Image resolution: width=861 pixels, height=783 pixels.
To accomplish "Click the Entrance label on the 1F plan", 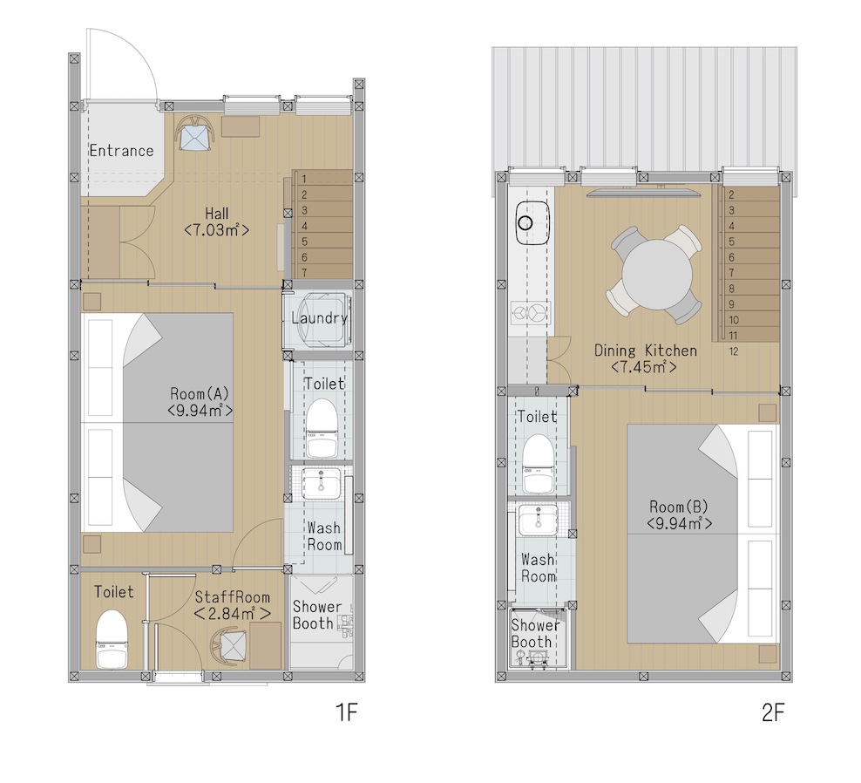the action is pos(121,151).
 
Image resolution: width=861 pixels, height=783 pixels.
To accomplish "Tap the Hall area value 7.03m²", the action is pos(216,229).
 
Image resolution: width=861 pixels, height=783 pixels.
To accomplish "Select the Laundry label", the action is pos(319,318).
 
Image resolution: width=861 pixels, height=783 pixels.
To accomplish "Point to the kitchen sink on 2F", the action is pos(532,222).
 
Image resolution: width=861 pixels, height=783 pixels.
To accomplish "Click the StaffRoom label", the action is pos(233,597).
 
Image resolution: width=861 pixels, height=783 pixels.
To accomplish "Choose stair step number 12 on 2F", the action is pos(734,351).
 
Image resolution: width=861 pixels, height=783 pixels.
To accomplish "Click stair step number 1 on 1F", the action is pos(303,179).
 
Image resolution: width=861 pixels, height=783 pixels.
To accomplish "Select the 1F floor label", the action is pos(347,712).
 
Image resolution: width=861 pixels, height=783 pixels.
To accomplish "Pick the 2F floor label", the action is pos(773,712).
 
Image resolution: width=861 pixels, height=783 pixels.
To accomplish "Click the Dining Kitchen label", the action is pos(646,351).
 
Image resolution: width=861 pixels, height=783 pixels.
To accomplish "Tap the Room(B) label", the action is pos(679,507).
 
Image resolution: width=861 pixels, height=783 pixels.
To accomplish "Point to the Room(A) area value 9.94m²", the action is pos(200,411).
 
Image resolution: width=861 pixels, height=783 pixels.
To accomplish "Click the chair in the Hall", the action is pos(195,133).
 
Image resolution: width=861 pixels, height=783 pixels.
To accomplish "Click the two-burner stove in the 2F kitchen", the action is pos(529,313).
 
